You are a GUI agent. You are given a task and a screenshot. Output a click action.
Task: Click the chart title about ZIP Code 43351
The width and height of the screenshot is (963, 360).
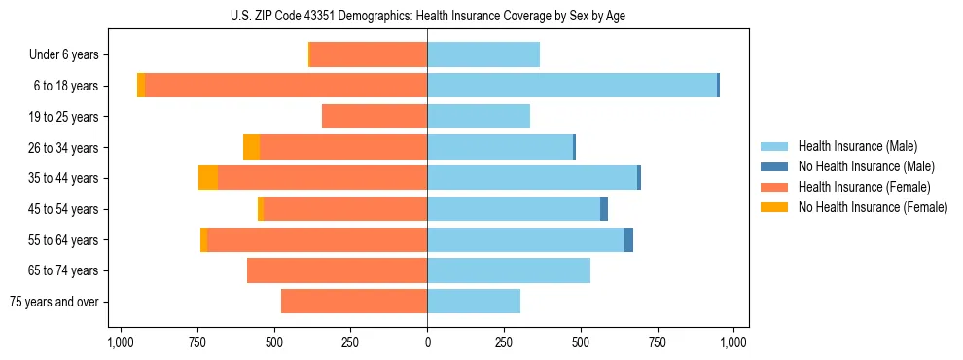tap(428, 15)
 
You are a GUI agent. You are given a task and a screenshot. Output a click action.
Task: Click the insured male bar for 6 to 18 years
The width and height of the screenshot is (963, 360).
tap(572, 86)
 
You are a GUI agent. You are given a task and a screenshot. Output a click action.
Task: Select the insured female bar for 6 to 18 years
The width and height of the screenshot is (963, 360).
tap(286, 86)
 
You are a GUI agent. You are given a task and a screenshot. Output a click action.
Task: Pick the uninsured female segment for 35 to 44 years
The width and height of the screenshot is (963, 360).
tap(208, 178)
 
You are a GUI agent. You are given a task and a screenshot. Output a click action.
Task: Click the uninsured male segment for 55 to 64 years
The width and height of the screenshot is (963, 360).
tap(628, 239)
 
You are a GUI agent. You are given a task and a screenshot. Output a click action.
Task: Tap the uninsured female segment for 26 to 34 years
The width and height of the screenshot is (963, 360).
tap(251, 147)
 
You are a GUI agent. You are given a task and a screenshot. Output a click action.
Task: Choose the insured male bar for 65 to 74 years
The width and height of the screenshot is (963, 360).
tap(509, 270)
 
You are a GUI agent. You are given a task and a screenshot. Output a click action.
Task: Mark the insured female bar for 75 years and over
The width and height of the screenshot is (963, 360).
tap(354, 302)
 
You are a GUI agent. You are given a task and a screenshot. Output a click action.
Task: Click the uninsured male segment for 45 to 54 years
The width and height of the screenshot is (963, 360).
tap(604, 209)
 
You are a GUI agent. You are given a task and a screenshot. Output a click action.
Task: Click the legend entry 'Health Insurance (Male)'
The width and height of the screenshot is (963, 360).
tap(857, 146)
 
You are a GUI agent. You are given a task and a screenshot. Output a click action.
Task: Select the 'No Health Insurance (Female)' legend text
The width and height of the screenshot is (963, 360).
tap(873, 207)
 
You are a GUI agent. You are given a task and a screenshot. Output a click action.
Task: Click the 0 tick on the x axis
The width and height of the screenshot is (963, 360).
tap(427, 342)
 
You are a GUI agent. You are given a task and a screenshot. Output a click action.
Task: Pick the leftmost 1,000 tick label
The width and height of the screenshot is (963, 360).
tap(121, 342)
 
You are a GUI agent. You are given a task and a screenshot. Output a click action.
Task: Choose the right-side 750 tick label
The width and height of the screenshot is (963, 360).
tap(658, 342)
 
